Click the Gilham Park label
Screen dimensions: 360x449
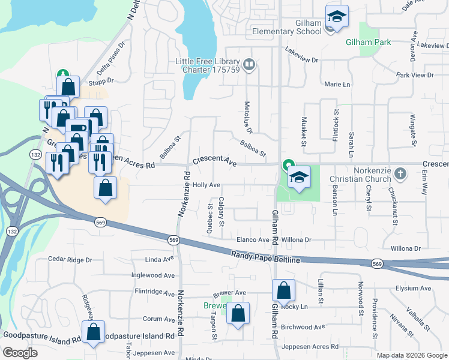(368, 42)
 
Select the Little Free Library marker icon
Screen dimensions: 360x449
(249, 63)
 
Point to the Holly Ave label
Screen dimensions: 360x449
(206, 185)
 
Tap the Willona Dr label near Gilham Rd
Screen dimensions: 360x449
(297, 239)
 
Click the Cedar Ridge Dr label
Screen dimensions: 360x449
(70, 260)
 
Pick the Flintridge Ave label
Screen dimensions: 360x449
(154, 292)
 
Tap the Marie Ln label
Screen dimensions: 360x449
(337, 85)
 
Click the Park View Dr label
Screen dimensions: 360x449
(415, 75)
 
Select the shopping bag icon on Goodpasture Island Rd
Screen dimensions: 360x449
(94, 331)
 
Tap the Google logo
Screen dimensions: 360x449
(20, 353)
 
